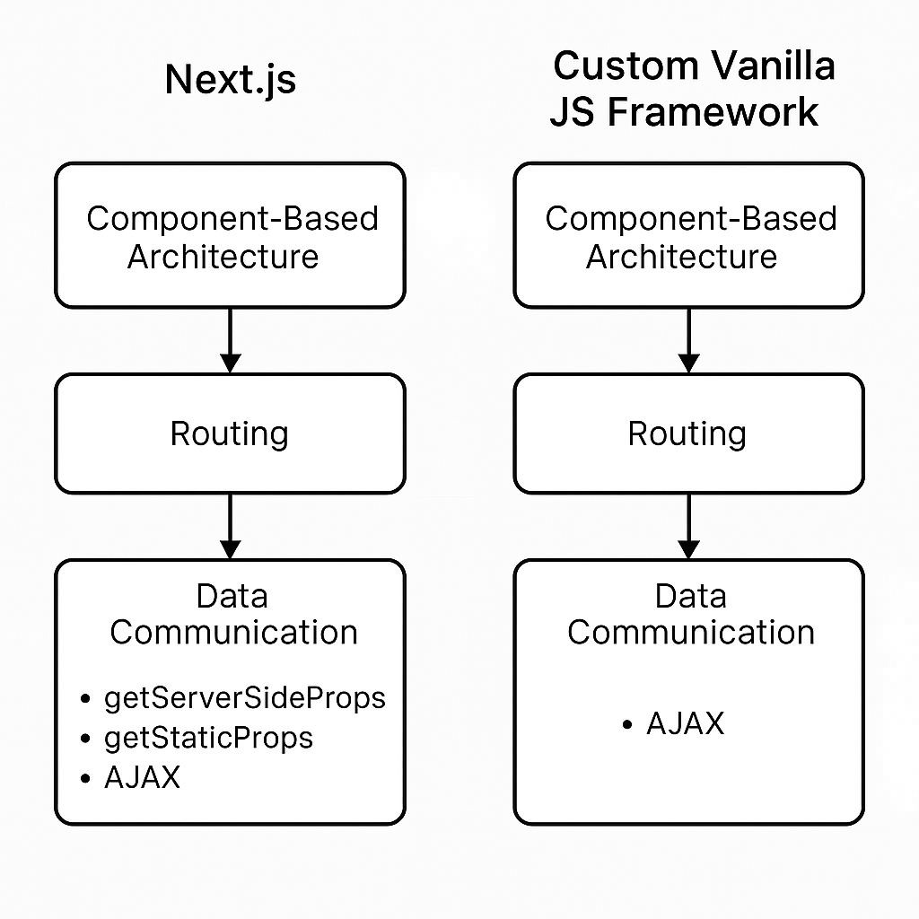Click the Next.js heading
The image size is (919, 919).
click(x=231, y=80)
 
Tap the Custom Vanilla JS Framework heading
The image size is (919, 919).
click(x=693, y=89)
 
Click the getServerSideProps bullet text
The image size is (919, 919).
click(x=245, y=698)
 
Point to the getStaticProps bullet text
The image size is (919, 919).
click(x=208, y=738)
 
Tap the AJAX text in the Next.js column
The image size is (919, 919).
click(x=143, y=778)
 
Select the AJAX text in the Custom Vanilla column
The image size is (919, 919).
click(x=685, y=723)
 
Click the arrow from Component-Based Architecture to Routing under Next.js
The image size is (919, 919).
click(x=231, y=340)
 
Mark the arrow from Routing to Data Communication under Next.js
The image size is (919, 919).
click(x=231, y=527)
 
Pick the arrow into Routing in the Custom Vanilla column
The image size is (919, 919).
click(x=688, y=340)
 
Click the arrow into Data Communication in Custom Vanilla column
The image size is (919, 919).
click(x=688, y=527)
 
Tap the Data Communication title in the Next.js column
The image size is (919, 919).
click(x=233, y=614)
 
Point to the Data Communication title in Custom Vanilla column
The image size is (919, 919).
click(x=691, y=614)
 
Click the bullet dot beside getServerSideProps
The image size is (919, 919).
click(x=85, y=698)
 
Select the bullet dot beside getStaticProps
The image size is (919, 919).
click(x=85, y=739)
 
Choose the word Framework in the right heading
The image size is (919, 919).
click(x=713, y=112)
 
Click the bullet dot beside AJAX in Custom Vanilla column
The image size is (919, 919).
click(x=627, y=725)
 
